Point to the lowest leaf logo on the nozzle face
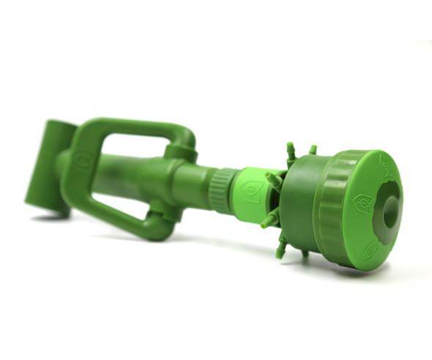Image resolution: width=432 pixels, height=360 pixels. [x=373, y=249]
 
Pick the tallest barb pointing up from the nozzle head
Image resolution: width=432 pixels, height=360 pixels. [x=291, y=152]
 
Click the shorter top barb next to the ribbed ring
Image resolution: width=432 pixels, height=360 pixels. [x=313, y=150]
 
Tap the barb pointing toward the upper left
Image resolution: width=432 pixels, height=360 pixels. [x=272, y=179]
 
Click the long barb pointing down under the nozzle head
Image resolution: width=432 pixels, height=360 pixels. [x=281, y=247]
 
